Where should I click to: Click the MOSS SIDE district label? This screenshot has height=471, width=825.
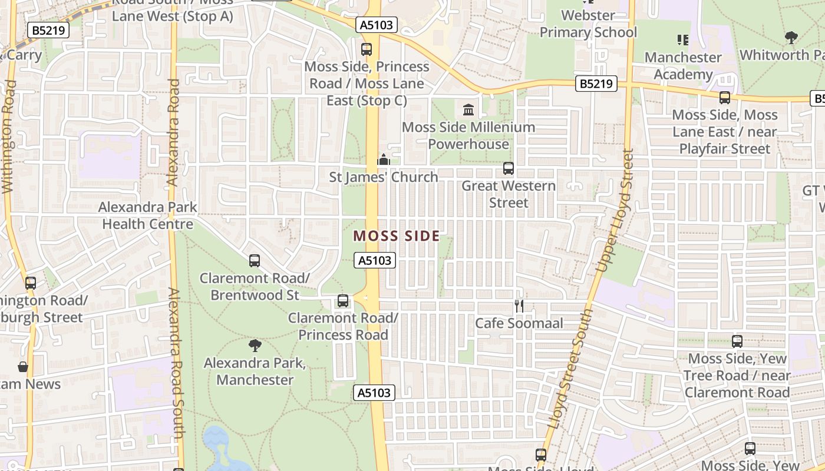tap(396, 236)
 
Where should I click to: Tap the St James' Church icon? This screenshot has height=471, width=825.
tap(384, 160)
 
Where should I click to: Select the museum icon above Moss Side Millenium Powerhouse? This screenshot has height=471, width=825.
tap(469, 110)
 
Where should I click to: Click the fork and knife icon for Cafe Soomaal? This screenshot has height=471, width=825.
tap(519, 306)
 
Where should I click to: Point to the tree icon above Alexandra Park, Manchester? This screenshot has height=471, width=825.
tap(255, 346)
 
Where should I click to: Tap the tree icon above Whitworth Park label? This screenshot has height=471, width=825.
tap(791, 38)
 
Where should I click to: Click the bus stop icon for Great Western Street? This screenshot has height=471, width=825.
tap(508, 168)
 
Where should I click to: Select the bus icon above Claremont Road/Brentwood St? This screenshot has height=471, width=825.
tap(255, 260)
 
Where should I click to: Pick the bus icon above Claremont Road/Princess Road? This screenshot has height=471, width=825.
tap(342, 301)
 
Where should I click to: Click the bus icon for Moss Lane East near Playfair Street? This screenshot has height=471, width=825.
tap(724, 98)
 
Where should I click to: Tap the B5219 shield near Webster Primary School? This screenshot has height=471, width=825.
tap(596, 84)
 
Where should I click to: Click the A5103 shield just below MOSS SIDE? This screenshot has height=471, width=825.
tap(374, 260)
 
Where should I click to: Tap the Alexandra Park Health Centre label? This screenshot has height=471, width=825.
tap(147, 215)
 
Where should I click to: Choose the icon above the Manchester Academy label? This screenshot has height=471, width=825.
tap(682, 40)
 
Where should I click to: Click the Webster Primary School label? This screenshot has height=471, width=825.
tap(588, 24)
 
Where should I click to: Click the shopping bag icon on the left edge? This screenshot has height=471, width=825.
tap(23, 367)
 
